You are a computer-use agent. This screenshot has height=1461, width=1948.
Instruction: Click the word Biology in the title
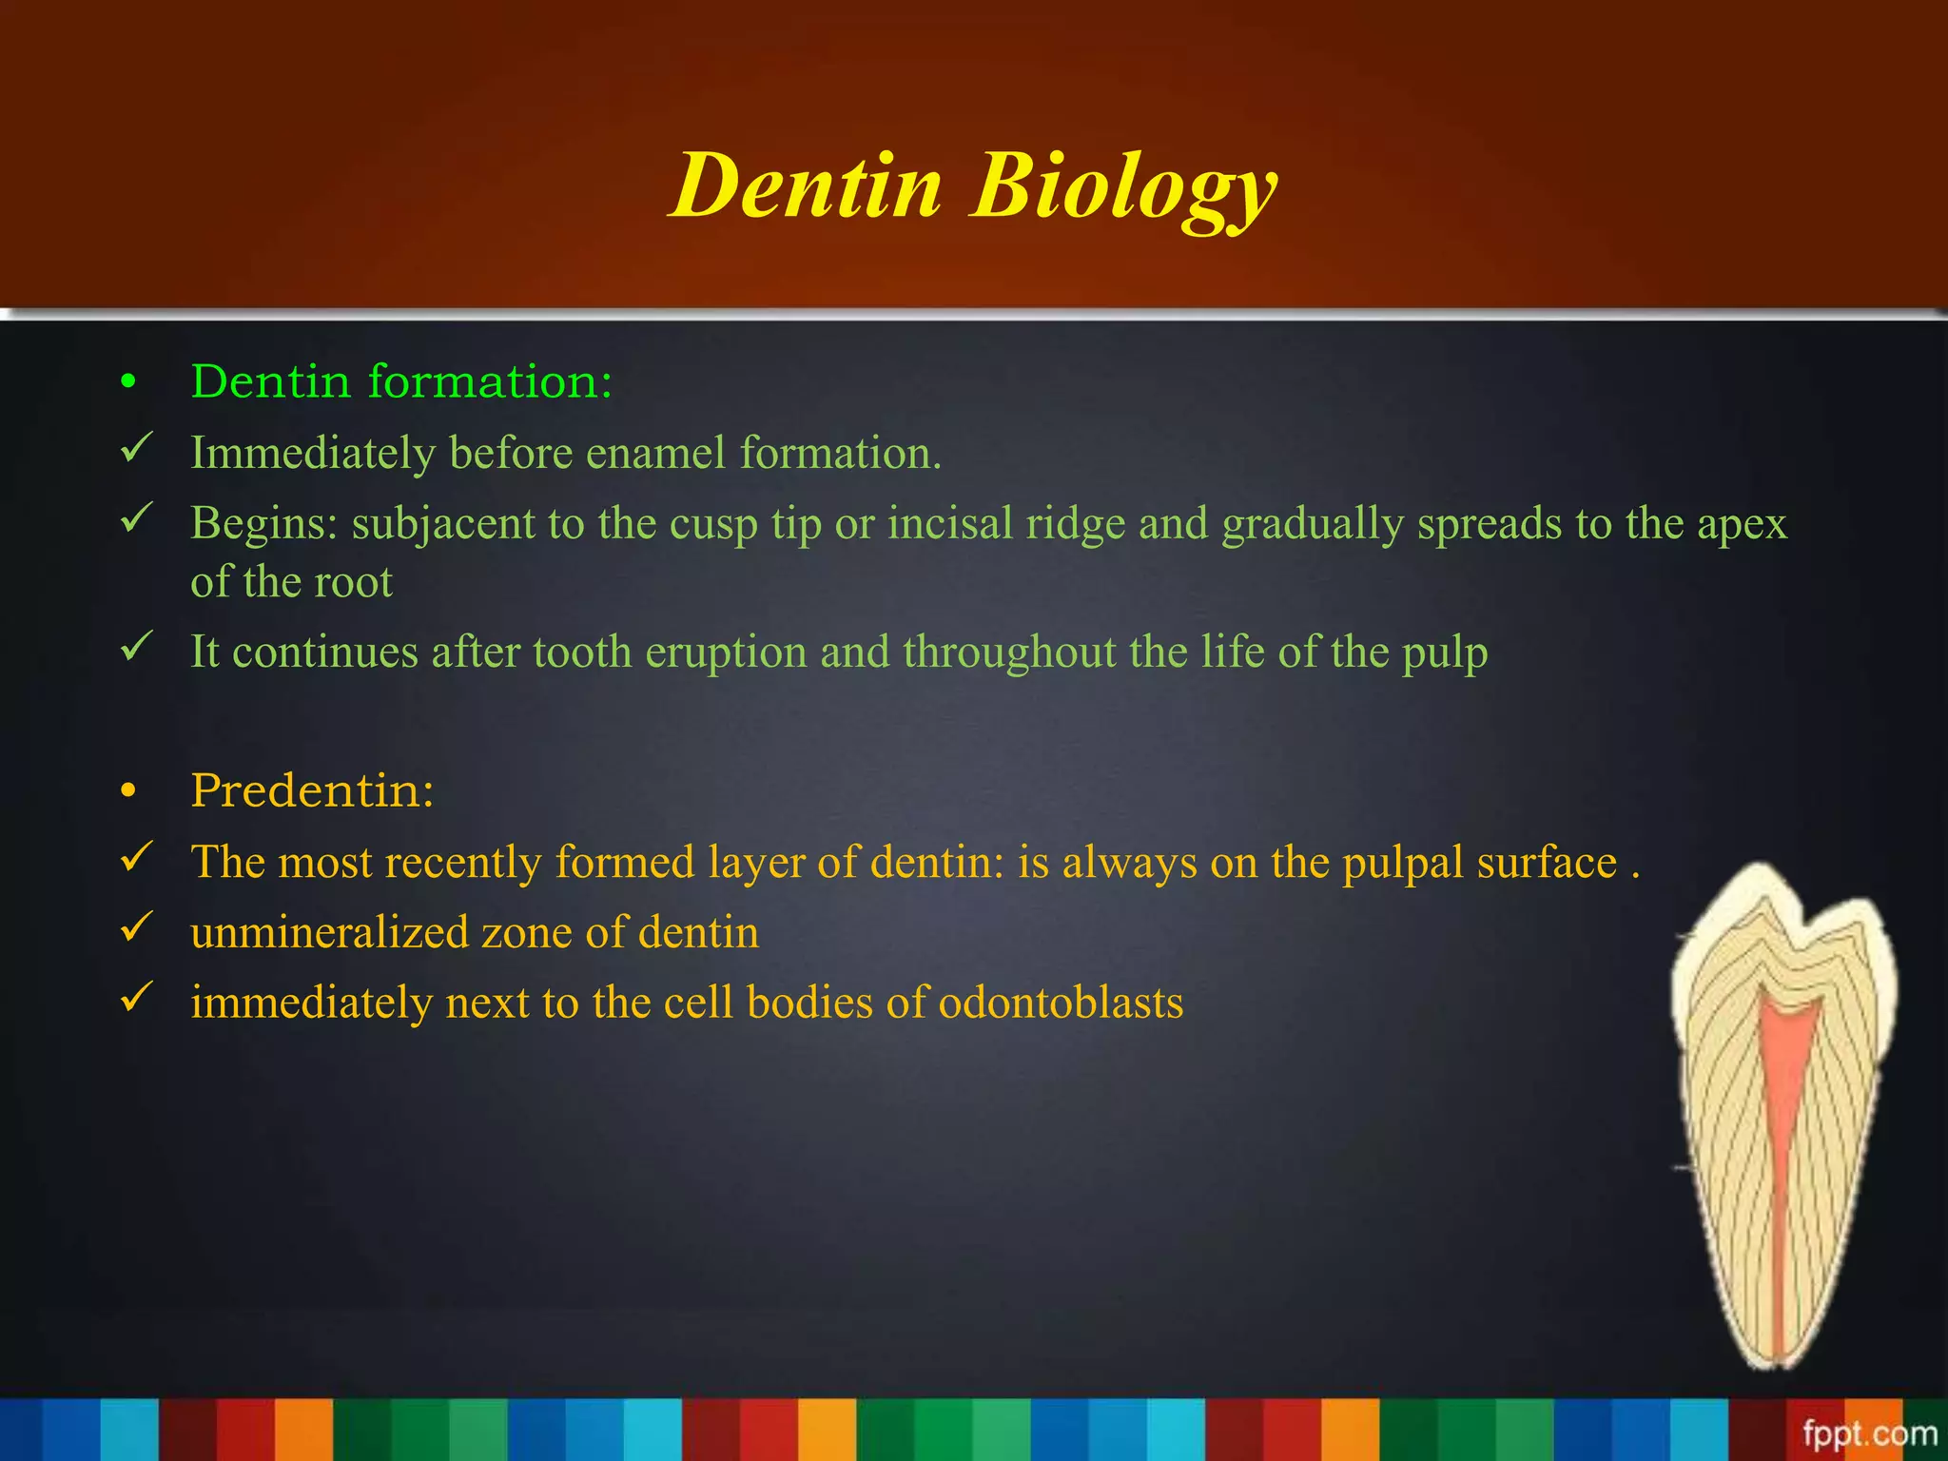tap(1123, 187)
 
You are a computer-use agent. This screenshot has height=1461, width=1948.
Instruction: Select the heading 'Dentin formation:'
tap(401, 381)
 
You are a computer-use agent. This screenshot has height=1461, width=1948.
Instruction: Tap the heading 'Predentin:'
tap(312, 790)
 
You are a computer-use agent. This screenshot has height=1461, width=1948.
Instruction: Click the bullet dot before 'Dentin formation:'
tap(129, 383)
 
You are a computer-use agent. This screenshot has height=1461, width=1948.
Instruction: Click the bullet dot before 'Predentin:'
tap(129, 791)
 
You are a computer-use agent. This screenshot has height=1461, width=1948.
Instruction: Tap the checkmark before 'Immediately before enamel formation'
tap(137, 448)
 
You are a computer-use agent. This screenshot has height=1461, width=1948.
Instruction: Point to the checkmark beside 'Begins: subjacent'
tap(137, 519)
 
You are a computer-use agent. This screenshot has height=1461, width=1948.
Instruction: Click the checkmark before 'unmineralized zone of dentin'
tap(137, 927)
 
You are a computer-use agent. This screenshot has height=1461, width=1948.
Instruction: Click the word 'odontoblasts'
tap(1061, 1003)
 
